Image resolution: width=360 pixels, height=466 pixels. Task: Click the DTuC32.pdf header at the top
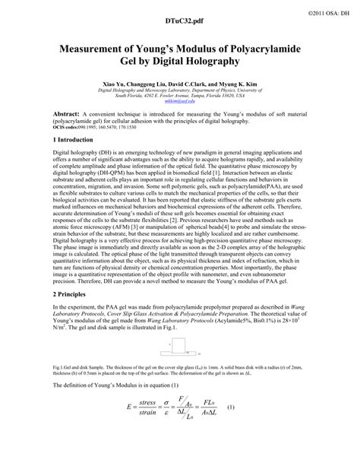(179, 24)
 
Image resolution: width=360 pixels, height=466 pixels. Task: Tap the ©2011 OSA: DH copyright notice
(327, 7)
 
